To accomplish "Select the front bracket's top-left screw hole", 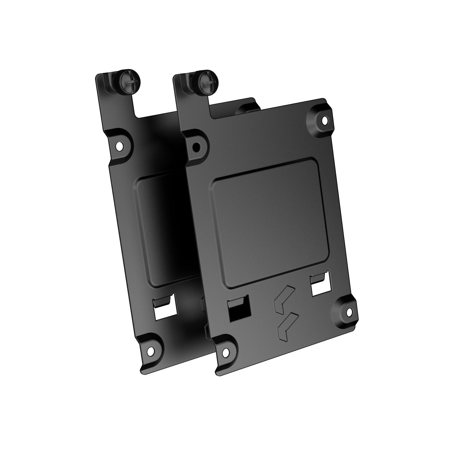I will [x=196, y=147].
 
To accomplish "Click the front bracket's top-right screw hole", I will [x=325, y=119].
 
